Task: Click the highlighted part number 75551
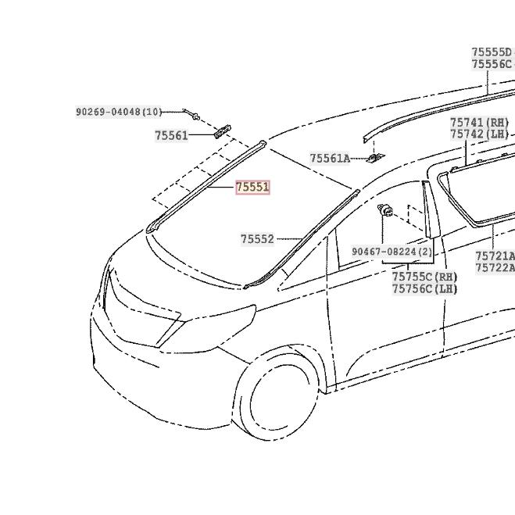pyautogui.click(x=252, y=188)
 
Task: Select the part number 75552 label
pyautogui.click(x=257, y=239)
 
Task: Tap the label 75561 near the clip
pyautogui.click(x=171, y=135)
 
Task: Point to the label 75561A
pyautogui.click(x=330, y=159)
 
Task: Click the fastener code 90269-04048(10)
pyautogui.click(x=119, y=113)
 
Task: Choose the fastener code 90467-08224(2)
pyautogui.click(x=392, y=252)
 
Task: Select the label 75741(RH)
pyautogui.click(x=479, y=123)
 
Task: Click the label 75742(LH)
pyautogui.click(x=479, y=134)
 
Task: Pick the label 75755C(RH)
pyautogui.click(x=424, y=277)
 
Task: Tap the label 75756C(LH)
pyautogui.click(x=424, y=288)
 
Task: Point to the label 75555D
pyautogui.click(x=492, y=52)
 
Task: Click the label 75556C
pyautogui.click(x=492, y=64)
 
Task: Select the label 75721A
pyautogui.click(x=495, y=256)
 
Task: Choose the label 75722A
pyautogui.click(x=495, y=267)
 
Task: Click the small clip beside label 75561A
pyautogui.click(x=374, y=159)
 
